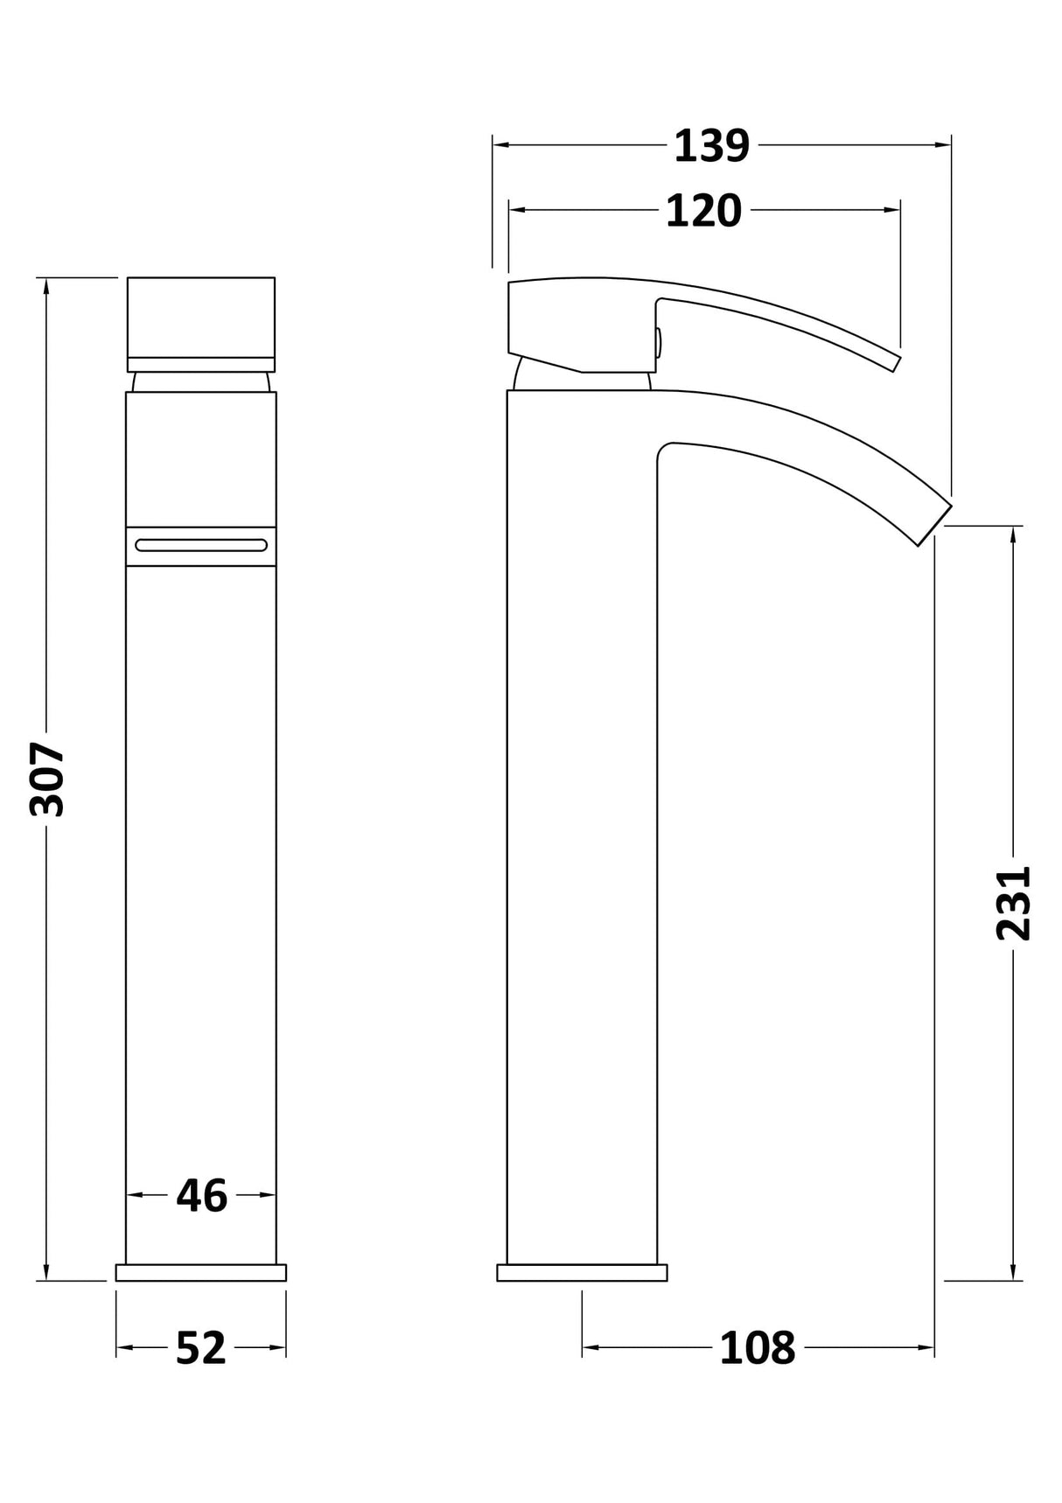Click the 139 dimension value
tap(711, 146)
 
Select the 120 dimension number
tap(703, 211)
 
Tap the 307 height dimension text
tap(47, 779)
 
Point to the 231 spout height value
tap(1014, 904)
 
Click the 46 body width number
tap(202, 1195)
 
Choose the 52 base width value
tap(201, 1348)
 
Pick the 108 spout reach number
tap(758, 1348)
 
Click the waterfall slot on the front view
tap(201, 546)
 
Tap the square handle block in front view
tap(201, 325)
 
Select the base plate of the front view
tap(201, 1273)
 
